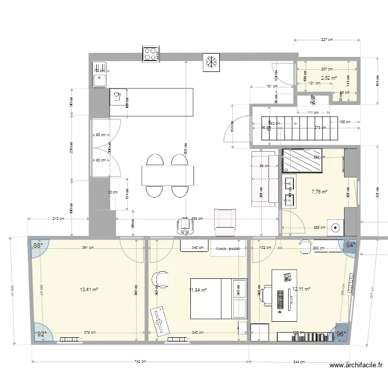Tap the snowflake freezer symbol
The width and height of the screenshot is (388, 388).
[x=211, y=62]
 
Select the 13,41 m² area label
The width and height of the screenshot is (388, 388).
[x=88, y=290]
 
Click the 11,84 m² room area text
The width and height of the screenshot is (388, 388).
[x=198, y=290]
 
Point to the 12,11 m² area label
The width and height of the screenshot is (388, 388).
[x=301, y=289]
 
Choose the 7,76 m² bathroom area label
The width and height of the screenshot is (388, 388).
[x=319, y=191]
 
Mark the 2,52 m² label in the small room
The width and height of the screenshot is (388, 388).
[x=329, y=78]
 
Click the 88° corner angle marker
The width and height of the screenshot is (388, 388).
[x=38, y=246]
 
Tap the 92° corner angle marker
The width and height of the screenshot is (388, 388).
[x=40, y=333]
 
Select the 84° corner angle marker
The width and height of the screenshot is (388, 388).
[x=350, y=245]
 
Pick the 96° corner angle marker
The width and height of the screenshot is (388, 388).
[x=341, y=334]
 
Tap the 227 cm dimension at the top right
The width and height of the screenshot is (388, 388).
[x=326, y=39]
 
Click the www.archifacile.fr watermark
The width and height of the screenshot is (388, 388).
[x=355, y=366]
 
